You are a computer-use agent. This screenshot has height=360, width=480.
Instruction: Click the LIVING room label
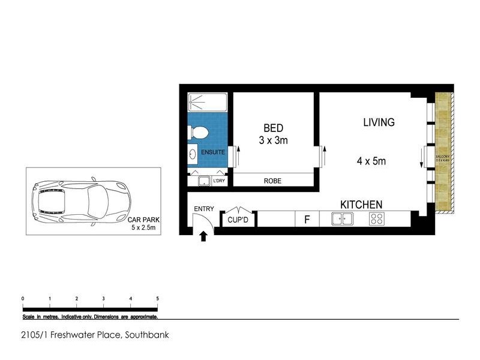(379, 122)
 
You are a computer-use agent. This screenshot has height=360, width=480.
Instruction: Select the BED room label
(273, 128)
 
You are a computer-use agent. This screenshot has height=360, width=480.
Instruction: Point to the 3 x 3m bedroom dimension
(273, 141)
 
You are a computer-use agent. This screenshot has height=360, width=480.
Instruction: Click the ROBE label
(273, 181)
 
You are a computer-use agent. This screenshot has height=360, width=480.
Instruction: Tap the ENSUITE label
(213, 152)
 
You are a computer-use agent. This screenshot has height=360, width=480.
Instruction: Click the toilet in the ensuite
(199, 131)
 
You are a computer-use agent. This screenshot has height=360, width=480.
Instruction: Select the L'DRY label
(218, 181)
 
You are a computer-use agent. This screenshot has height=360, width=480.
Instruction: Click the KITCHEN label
(361, 205)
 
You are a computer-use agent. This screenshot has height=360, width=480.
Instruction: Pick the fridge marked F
(307, 220)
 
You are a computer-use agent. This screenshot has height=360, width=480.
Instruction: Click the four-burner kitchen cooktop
(376, 219)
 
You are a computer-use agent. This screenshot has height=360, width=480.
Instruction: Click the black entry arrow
(203, 237)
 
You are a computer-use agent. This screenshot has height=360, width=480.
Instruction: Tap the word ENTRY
(203, 209)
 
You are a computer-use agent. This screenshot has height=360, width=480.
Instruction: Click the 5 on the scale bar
(157, 298)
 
